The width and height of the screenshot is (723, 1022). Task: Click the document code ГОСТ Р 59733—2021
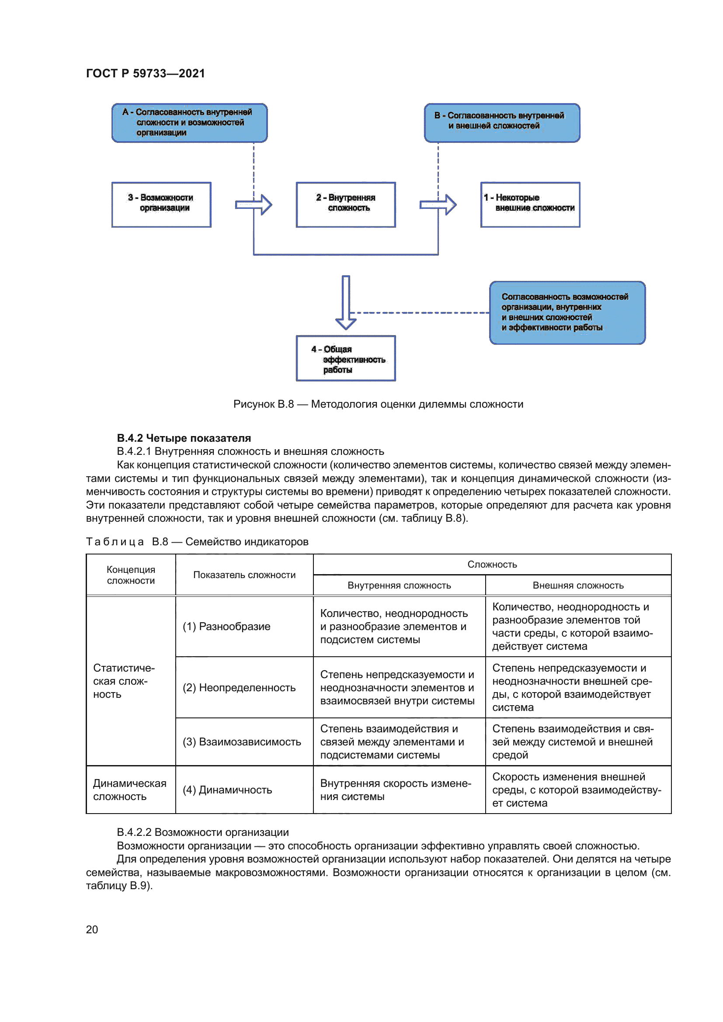point(145,73)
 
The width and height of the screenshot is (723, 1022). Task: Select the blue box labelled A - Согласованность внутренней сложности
point(189,122)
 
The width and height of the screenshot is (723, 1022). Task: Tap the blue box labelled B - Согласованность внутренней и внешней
point(502,122)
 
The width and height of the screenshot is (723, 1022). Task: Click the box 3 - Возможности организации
point(161,204)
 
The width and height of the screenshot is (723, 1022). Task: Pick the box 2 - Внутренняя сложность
point(345,204)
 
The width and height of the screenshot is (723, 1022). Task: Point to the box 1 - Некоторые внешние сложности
point(530,204)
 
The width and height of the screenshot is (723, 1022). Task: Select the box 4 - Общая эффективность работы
point(345,358)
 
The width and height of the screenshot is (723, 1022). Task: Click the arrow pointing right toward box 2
point(254,205)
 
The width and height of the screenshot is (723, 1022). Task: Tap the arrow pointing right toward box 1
point(438,205)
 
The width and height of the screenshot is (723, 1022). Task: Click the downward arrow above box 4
point(346,303)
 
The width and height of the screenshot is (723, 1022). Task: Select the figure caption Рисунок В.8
point(378,404)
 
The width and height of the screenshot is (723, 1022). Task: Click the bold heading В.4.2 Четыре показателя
point(184,438)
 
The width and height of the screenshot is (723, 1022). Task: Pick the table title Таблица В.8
point(197,542)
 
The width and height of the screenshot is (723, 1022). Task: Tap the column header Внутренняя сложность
point(399,585)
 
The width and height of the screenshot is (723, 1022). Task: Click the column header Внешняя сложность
point(578,585)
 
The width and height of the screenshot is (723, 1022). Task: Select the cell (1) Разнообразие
point(226,626)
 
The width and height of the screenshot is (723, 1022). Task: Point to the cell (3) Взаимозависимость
point(242,741)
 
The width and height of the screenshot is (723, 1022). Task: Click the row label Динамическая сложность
point(129,790)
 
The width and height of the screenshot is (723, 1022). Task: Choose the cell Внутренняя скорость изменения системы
point(395,790)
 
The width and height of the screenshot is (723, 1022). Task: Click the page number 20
point(92,929)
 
